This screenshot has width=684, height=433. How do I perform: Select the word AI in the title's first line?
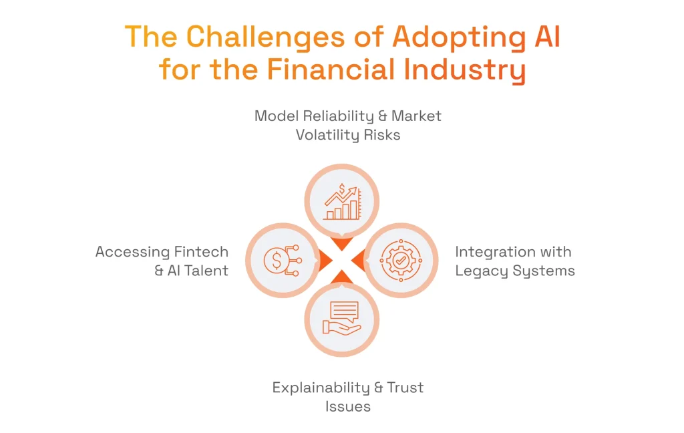click(542, 38)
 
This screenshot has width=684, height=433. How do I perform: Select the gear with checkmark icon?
click(401, 259)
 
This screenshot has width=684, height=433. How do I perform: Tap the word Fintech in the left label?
click(201, 252)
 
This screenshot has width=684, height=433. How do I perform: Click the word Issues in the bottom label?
click(348, 406)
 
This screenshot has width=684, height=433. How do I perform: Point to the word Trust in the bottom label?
click(404, 388)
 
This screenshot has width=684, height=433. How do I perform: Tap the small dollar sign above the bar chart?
click(342, 188)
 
